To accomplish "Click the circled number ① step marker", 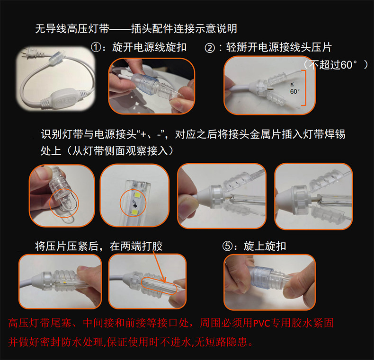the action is (x=97, y=47).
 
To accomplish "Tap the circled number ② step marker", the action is (x=210, y=48).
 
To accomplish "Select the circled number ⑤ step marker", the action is (x=227, y=246).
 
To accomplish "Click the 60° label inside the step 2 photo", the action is (x=295, y=91).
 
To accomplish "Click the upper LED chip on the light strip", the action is (x=137, y=195).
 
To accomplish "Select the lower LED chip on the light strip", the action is (x=135, y=212).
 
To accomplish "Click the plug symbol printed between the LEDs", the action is (x=135, y=204).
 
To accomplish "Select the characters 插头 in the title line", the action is (x=142, y=28).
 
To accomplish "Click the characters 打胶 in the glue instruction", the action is (x=152, y=246).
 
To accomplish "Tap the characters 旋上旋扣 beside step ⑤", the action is (x=265, y=246).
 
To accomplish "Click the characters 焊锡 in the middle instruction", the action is (x=335, y=134).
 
